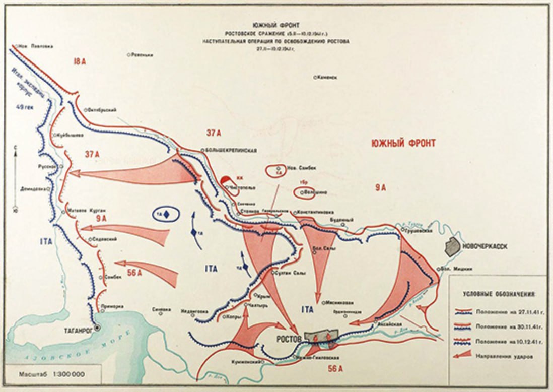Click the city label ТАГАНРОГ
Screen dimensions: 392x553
coord(77,331)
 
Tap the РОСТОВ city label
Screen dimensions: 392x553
coord(289,339)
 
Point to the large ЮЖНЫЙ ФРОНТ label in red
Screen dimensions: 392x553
coord(403,143)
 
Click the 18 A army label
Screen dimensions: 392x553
coord(79,61)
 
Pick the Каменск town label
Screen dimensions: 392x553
coord(327,77)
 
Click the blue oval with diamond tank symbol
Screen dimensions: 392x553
coord(166,215)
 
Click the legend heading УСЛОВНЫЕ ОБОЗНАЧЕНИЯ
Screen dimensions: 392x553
coord(499,293)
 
